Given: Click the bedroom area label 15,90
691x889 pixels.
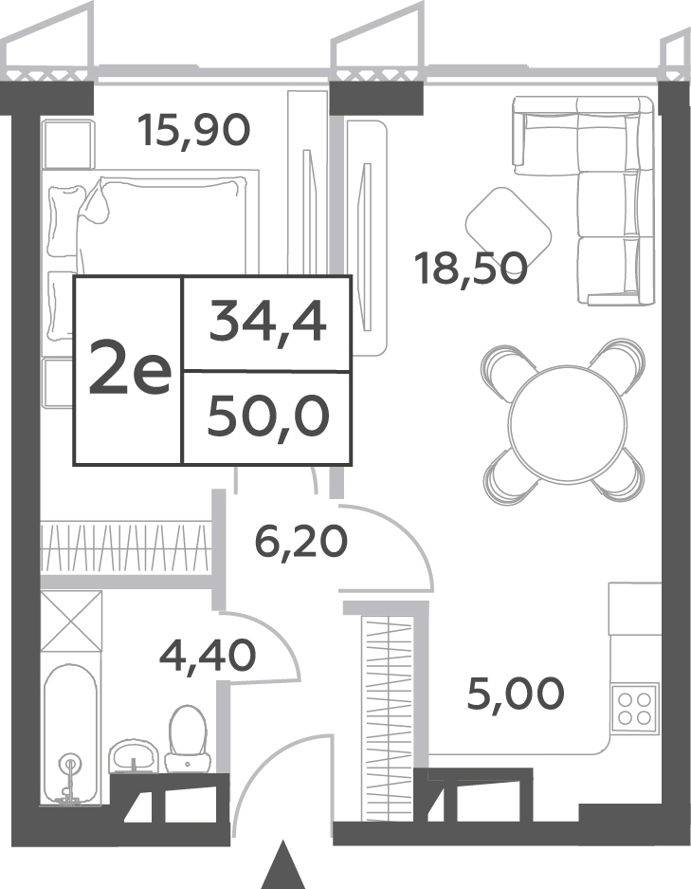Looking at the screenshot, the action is tap(193, 130).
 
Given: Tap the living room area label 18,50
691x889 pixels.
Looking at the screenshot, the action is tap(471, 269).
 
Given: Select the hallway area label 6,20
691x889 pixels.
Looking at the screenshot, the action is tap(300, 542).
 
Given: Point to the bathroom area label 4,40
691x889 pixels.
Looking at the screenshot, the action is tap(208, 655).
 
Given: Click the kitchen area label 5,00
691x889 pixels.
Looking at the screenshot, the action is tap(516, 693).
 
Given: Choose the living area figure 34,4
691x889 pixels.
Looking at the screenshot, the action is tap(267, 323).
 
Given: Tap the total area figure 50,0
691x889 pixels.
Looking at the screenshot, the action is tap(268, 417).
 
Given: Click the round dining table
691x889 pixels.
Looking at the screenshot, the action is tap(568, 422).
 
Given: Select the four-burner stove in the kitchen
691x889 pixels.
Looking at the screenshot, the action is tap(635, 709).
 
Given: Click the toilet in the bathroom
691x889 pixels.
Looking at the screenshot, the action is tap(188, 738).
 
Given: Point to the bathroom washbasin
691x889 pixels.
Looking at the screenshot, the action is tap(135, 755).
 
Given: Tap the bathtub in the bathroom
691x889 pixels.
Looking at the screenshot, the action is tap(71, 734).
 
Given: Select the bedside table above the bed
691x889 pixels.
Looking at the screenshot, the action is tap(67, 144).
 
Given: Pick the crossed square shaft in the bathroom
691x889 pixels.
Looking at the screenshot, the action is tap(71, 621).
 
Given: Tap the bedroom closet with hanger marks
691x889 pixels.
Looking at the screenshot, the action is tap(124, 548).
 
